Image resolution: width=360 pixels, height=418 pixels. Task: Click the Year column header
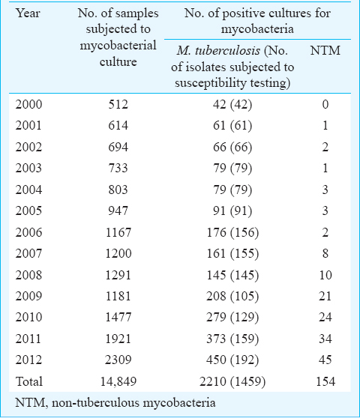pyautogui.click(x=28, y=13)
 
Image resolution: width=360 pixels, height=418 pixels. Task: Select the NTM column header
pyautogui.click(x=325, y=51)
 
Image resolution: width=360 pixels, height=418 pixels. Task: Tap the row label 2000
pyautogui.click(x=28, y=104)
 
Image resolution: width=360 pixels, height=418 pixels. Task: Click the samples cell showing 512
pyautogui.click(x=118, y=104)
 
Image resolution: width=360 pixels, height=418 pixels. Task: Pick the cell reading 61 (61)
pyautogui.click(x=232, y=126)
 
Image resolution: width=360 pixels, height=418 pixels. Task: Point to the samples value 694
pyautogui.click(x=118, y=147)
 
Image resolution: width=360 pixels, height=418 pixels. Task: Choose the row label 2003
pyautogui.click(x=28, y=169)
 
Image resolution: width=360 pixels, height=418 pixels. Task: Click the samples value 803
pyautogui.click(x=118, y=190)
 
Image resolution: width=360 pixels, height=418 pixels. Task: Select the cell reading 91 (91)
pyautogui.click(x=232, y=210)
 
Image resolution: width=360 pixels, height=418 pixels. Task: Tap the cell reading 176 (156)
pyautogui.click(x=232, y=232)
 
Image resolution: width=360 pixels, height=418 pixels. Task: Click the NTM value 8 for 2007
pyautogui.click(x=325, y=253)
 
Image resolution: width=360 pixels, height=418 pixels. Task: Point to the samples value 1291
pyautogui.click(x=118, y=275)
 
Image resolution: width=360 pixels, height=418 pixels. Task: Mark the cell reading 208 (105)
pyautogui.click(x=232, y=296)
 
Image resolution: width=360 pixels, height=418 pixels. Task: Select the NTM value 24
pyautogui.click(x=325, y=317)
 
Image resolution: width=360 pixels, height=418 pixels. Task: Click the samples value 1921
pyautogui.click(x=118, y=339)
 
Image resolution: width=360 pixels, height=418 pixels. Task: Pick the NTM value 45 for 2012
pyautogui.click(x=325, y=360)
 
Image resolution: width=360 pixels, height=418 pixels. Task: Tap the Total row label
pyautogui.click(x=29, y=381)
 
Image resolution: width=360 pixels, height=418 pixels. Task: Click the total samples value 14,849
pyautogui.click(x=118, y=382)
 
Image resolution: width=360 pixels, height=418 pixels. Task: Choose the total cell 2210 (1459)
pyautogui.click(x=232, y=381)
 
